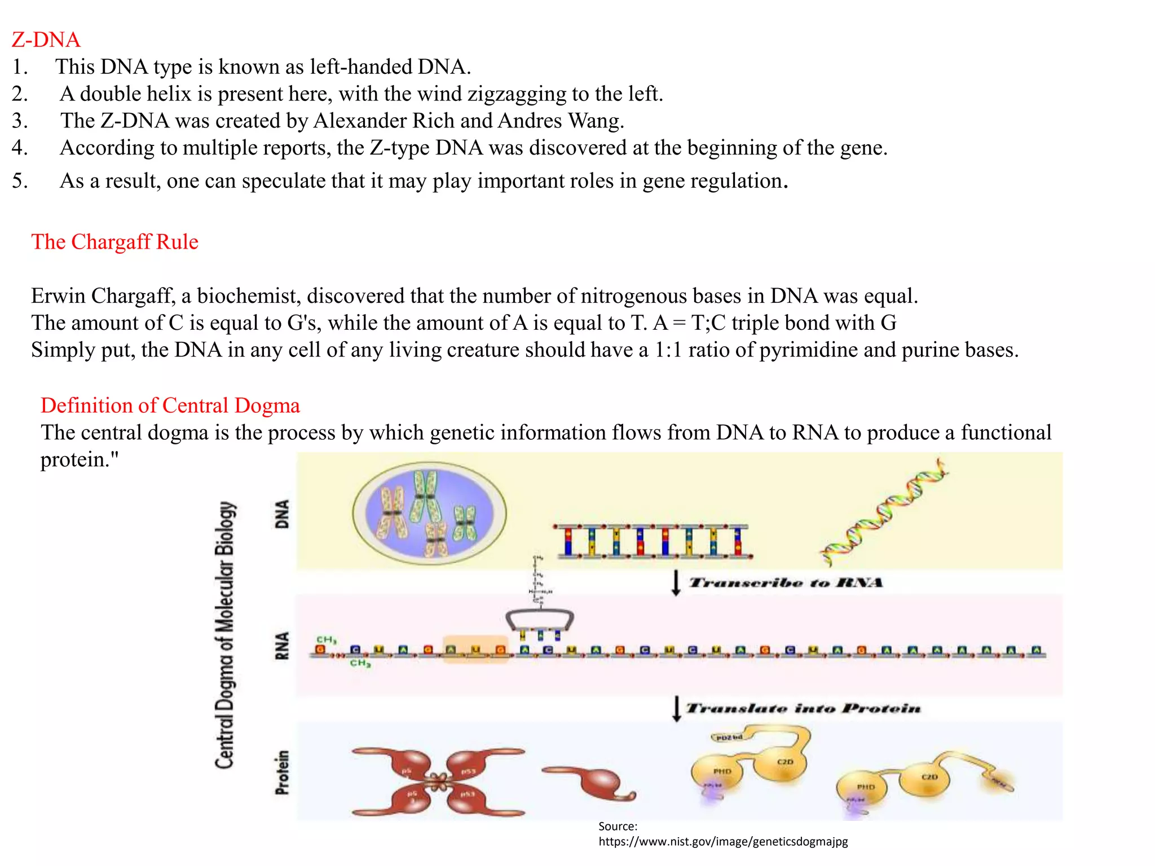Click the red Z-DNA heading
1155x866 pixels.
[x=46, y=40]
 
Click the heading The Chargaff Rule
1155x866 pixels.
[x=114, y=242]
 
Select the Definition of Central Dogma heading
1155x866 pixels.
[x=170, y=405]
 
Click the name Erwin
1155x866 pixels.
[x=58, y=296]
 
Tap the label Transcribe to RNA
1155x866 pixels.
[x=786, y=582]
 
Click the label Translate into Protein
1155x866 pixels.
[x=803, y=708]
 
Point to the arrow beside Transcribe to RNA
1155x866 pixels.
[x=676, y=583]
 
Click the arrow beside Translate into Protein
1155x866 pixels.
[x=676, y=709]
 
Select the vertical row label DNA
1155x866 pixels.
[x=282, y=514]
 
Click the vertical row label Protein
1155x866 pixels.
[x=282, y=772]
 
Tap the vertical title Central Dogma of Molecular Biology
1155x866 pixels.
[x=225, y=634]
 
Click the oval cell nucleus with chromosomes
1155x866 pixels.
[x=429, y=514]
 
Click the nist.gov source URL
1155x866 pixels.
[x=723, y=842]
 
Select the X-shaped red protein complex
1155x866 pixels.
[x=438, y=781]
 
